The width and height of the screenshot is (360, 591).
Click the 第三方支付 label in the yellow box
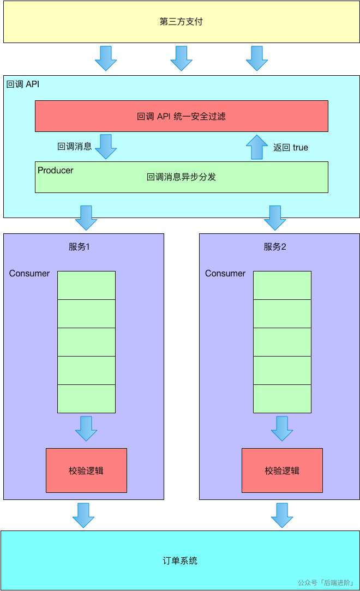coord(181,22)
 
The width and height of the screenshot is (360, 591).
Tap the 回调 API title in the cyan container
coord(23,85)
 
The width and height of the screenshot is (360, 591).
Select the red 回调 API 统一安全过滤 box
coord(181,116)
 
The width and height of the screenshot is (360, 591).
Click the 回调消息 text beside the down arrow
coord(75,147)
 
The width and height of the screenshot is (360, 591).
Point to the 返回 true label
coord(290,147)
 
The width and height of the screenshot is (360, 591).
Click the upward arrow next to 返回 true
coord(257,147)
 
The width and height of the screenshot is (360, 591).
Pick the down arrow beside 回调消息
coord(106,146)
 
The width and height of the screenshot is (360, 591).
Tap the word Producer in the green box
coord(56,171)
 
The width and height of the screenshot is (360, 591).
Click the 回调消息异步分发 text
coord(181,177)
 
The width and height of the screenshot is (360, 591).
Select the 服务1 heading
coord(79,247)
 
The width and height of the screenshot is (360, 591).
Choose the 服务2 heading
coord(275,247)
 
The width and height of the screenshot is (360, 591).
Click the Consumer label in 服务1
coord(29,274)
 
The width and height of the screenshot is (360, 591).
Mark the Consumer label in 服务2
coord(225,274)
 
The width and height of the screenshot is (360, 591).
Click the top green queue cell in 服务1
coord(86,285)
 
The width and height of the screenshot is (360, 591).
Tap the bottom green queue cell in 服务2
coord(282,399)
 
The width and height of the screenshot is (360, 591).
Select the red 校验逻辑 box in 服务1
coord(86,471)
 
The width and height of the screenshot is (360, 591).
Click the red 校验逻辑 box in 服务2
coord(282,471)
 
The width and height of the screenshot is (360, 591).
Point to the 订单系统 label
coord(180,560)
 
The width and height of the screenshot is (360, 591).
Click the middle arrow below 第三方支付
coord(181,58)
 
